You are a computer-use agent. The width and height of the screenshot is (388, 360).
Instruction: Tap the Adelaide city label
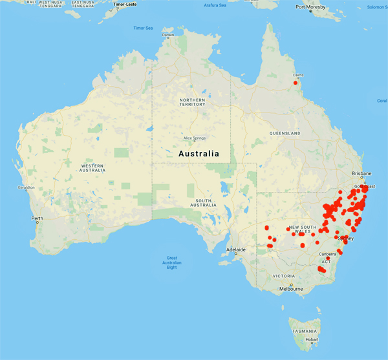[x=235, y=249]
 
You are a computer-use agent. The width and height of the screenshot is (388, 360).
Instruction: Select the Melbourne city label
[x=291, y=289]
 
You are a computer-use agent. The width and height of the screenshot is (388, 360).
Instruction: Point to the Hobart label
[x=311, y=339]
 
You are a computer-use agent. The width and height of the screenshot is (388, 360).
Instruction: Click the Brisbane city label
[x=361, y=174]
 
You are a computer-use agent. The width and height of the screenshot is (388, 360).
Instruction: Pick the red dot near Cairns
[x=296, y=83]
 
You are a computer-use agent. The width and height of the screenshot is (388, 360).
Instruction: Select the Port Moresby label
[x=309, y=7]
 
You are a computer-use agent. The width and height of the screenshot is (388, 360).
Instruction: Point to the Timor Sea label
[x=143, y=28]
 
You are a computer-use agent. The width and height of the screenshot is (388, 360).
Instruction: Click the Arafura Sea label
[x=215, y=5]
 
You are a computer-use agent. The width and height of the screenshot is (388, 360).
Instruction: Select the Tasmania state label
[x=304, y=330]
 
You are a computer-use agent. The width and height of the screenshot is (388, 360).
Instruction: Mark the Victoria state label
[x=285, y=275]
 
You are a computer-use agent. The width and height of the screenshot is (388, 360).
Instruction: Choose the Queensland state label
[x=286, y=133]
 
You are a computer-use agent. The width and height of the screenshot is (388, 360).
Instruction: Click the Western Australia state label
[x=91, y=169]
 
